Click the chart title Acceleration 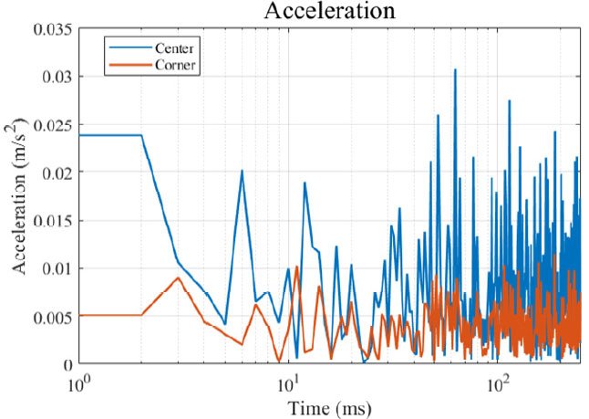point(315,12)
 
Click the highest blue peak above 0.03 point(455,69)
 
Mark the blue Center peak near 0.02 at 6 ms point(242,171)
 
